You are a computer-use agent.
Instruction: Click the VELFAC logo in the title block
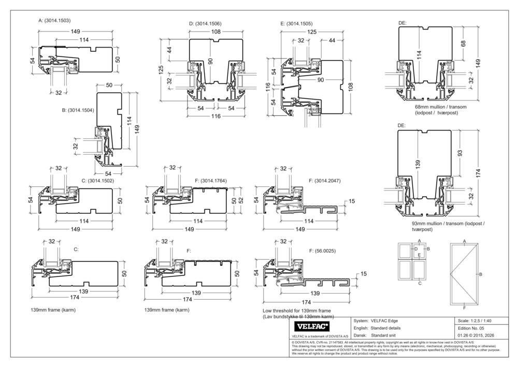point(313,327)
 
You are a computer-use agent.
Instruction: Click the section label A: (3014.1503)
point(54,20)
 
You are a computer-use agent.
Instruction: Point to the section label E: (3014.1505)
point(296,24)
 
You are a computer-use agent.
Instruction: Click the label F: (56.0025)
point(323,251)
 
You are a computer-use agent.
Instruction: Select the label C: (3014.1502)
point(99,181)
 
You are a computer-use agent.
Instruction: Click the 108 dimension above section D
point(217,32)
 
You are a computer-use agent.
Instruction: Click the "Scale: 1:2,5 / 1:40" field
point(474,321)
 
